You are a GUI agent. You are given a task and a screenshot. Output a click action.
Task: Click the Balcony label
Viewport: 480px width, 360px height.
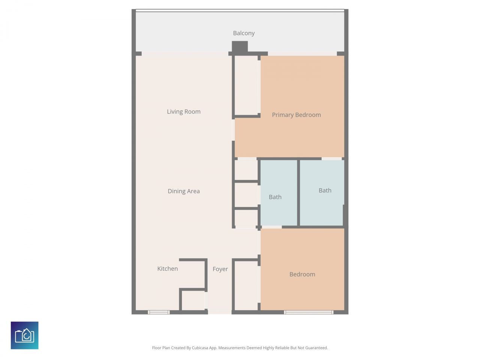pyautogui.click(x=244, y=33)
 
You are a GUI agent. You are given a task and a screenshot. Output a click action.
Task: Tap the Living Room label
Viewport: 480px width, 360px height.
pyautogui.click(x=184, y=112)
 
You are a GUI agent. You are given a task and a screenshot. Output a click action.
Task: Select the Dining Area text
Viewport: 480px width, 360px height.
pyautogui.click(x=184, y=191)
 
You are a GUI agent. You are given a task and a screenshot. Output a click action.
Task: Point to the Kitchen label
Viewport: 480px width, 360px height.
pyautogui.click(x=168, y=269)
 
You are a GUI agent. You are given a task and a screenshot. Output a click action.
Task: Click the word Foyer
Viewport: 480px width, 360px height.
pyautogui.click(x=220, y=269)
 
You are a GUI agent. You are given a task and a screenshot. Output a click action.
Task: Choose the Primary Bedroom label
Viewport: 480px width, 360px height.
pyautogui.click(x=296, y=115)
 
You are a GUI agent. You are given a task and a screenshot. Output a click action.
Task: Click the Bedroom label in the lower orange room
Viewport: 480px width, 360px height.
pyautogui.click(x=302, y=274)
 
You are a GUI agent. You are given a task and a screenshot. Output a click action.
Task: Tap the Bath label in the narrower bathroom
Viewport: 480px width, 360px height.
pyautogui.click(x=275, y=197)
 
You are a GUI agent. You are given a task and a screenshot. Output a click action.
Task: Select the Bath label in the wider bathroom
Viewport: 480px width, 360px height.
pyautogui.click(x=325, y=190)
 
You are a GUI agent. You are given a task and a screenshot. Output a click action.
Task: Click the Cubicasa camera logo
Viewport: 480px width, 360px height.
pyautogui.click(x=25, y=335)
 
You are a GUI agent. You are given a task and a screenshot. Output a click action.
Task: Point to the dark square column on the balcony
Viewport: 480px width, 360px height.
pyautogui.click(x=240, y=47)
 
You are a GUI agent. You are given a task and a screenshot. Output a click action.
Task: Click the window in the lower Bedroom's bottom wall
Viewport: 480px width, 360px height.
pyautogui.click(x=308, y=312)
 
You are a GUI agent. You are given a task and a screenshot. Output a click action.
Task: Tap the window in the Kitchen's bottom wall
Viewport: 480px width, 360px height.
pyautogui.click(x=158, y=312)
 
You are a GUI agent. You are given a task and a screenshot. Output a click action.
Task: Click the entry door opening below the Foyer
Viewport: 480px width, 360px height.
pyautogui.click(x=220, y=312)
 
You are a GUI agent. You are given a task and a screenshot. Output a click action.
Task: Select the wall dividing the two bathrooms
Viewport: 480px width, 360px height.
pyautogui.click(x=298, y=193)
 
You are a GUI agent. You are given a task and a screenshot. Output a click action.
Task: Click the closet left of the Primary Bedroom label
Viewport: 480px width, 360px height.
pyautogui.click(x=246, y=85)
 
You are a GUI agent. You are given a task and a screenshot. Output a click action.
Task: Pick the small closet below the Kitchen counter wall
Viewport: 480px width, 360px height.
pyautogui.click(x=193, y=300)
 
